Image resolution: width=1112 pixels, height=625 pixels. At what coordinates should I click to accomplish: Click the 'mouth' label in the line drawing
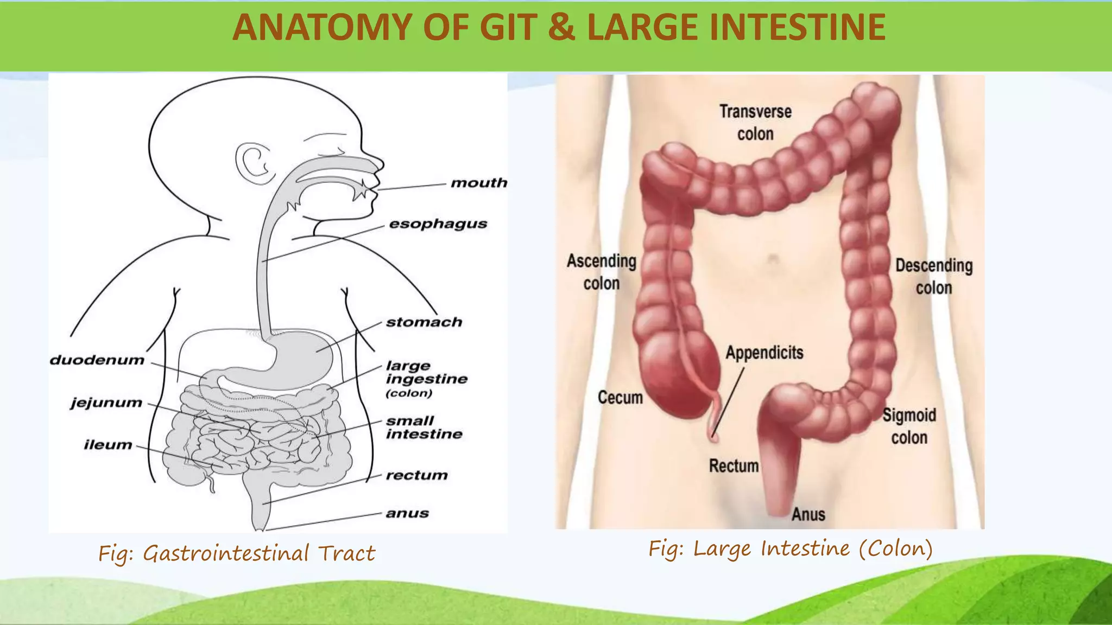click(x=479, y=183)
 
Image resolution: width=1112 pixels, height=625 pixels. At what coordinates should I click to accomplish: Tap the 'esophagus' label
click(x=438, y=224)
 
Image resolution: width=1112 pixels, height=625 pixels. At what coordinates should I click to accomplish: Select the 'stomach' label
click(x=424, y=322)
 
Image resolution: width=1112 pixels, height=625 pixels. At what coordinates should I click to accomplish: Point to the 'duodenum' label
click(x=97, y=360)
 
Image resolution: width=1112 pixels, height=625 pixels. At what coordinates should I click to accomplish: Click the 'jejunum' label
click(x=106, y=403)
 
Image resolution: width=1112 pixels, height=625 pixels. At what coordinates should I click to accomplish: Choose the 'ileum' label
click(x=108, y=445)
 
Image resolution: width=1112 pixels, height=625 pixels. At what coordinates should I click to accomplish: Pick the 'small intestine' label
click(x=424, y=428)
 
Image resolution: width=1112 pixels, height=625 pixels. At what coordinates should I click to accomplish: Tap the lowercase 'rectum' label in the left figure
click(x=416, y=475)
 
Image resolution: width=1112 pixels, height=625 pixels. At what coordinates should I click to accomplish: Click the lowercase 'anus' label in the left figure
click(x=407, y=513)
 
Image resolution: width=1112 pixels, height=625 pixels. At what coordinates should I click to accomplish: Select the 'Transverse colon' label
click(x=755, y=123)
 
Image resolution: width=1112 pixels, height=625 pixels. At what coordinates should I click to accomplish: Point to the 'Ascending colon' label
click(x=602, y=272)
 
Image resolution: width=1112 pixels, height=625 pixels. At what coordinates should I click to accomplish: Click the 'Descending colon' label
click(x=934, y=276)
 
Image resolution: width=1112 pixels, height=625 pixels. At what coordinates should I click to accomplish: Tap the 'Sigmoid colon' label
click(x=909, y=426)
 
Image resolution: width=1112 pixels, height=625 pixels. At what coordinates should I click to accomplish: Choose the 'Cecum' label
click(x=620, y=397)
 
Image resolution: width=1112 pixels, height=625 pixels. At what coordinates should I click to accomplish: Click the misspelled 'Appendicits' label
click(x=764, y=353)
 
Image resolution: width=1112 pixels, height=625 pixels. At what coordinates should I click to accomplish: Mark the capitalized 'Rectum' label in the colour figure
click(x=734, y=465)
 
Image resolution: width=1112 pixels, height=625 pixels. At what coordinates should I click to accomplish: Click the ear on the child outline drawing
click(x=253, y=163)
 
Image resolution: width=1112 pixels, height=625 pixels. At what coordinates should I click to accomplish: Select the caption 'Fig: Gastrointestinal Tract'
click(x=237, y=553)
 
